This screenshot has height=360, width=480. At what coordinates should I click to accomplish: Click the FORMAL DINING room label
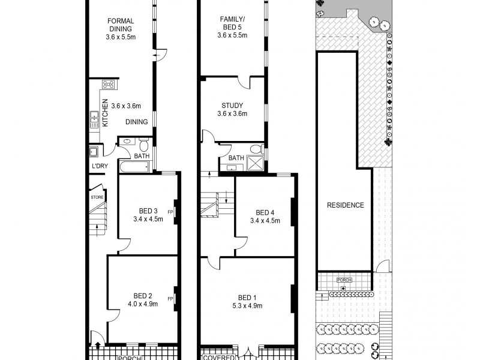coord(121,24)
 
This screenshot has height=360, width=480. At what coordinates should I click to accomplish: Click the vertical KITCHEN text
coord(104,112)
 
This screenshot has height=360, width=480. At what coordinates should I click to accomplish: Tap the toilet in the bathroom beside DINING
coord(143,145)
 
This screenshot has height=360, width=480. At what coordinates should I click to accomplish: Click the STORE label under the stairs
coord(97,197)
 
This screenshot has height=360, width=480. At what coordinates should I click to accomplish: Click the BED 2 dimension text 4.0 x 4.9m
coord(142,304)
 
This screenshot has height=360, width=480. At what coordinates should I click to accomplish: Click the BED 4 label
coord(265,212)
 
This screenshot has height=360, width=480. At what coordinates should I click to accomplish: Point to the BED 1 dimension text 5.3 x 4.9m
coord(247,306)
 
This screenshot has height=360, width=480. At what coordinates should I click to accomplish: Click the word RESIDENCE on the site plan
coord(345,205)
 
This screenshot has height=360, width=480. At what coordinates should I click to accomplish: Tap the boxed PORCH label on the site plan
coord(344,280)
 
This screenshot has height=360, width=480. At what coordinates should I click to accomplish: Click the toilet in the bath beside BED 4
coord(255,148)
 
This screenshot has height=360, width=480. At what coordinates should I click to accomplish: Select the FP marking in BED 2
coord(170,299)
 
